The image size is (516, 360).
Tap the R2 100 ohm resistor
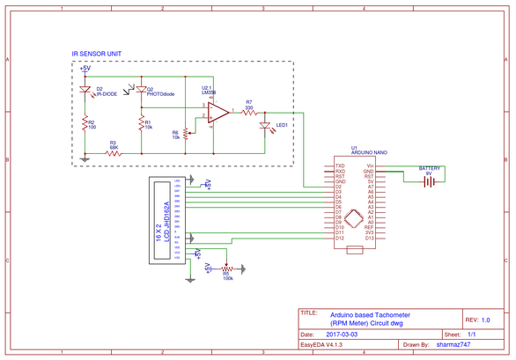click(85, 124)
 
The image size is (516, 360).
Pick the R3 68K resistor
click(113, 151)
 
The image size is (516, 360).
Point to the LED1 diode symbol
click(265, 126)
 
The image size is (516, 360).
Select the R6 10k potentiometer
click(186, 134)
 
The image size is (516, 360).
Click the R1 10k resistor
click(141, 124)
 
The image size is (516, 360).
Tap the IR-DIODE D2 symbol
click(85, 90)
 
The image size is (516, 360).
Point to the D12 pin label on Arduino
click(338, 238)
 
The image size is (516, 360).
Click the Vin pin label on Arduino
click(370, 165)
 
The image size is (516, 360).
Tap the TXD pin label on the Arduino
click(339, 165)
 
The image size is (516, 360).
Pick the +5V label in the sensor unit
click(85, 68)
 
